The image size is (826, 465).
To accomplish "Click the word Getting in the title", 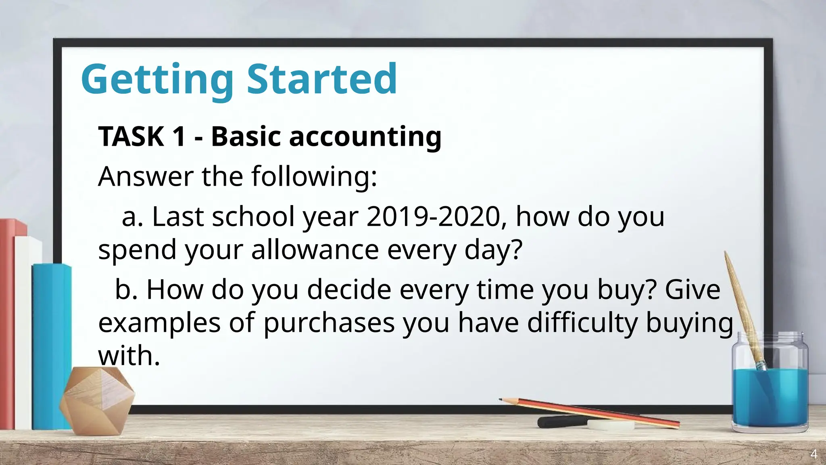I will pyautogui.click(x=157, y=80).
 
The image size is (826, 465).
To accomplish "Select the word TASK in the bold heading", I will pyautogui.click(x=131, y=136).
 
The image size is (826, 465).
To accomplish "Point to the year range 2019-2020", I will pyautogui.click(x=434, y=217).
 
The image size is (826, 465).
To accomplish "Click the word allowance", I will pyautogui.click(x=315, y=249).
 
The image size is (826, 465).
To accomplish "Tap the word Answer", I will pyautogui.click(x=146, y=176).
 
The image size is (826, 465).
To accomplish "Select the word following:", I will pyautogui.click(x=314, y=176).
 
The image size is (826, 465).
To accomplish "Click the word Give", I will pyautogui.click(x=692, y=289).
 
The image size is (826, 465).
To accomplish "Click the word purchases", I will pyautogui.click(x=329, y=323).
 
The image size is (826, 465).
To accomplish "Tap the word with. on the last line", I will pyautogui.click(x=129, y=356).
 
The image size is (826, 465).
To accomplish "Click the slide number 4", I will pyautogui.click(x=814, y=455).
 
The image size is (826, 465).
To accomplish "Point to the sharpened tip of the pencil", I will pyautogui.click(x=501, y=400).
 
